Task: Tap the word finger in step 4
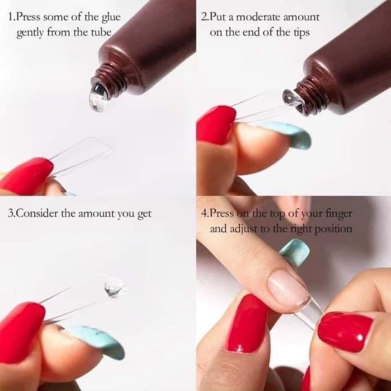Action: point(339,214)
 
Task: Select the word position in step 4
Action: point(334,229)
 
